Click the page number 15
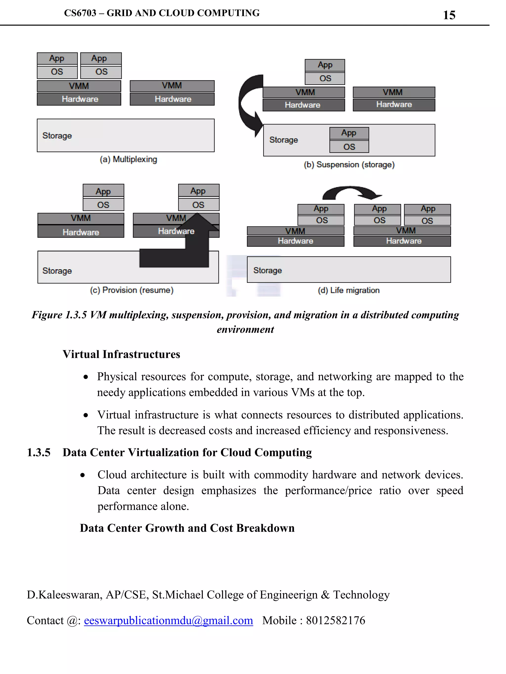pos(449,15)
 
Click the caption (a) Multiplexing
pos(128,159)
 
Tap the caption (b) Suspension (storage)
pos(349,165)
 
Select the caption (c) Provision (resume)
pos(131,290)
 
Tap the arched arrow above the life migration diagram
pos(351,192)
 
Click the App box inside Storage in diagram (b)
pos(349,133)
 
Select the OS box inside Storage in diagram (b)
pos(349,147)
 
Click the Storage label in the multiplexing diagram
pos(57,135)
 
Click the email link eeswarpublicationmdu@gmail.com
pos(168,620)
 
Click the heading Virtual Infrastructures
pos(121,354)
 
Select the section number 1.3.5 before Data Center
pos(39,452)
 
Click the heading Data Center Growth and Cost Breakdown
pos(187,528)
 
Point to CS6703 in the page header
pos(80,13)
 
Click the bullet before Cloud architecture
pos(82,475)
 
